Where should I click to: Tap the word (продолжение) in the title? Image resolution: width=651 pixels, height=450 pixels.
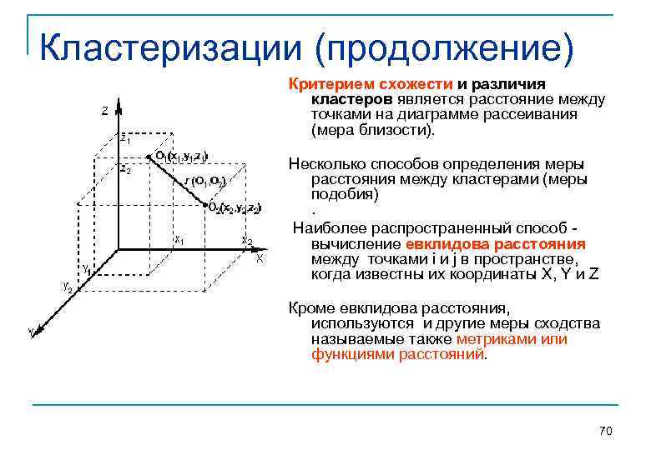coord(444,49)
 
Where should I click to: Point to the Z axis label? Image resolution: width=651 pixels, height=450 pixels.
coord(103,111)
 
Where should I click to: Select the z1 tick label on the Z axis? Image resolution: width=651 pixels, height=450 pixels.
coord(124,140)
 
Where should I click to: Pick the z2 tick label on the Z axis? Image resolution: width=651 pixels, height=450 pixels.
coord(124,169)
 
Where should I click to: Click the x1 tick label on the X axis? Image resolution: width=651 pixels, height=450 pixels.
coord(179,239)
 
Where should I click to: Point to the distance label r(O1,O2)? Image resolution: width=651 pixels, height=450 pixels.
coord(203,181)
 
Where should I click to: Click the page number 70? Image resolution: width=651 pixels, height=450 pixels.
coord(606,430)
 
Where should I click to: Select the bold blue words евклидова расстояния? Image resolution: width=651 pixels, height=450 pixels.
coord(496,244)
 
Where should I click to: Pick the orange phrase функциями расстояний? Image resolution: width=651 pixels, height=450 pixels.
coord(398,353)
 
